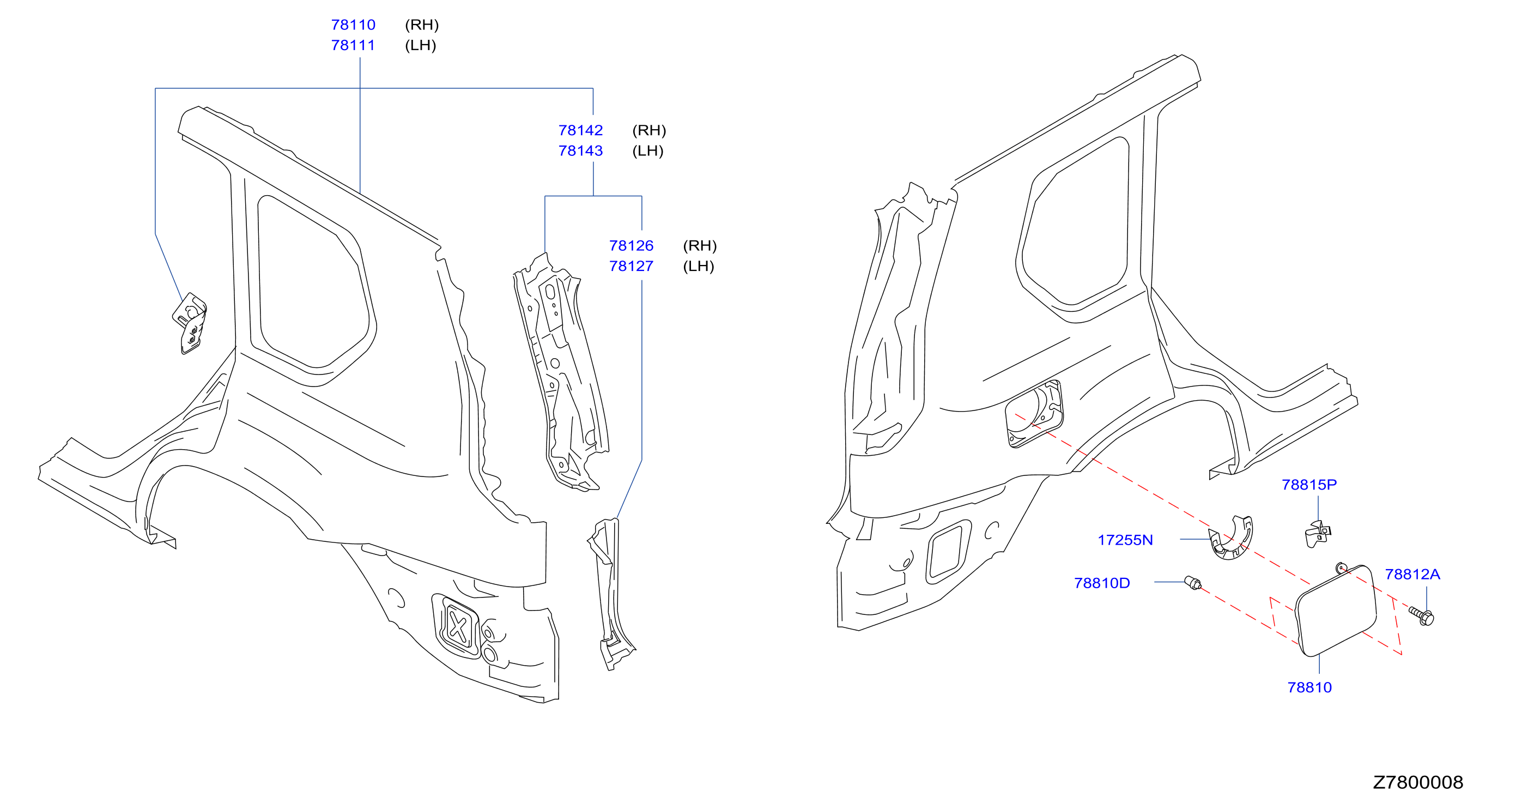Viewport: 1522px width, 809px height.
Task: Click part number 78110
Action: coord(353,25)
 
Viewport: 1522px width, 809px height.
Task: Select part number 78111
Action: coord(353,45)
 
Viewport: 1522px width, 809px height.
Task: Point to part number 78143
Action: coord(580,150)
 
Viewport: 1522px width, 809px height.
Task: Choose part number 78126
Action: coord(631,245)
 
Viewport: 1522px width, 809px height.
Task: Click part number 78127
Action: coord(631,266)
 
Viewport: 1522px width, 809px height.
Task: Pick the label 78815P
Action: coord(1309,485)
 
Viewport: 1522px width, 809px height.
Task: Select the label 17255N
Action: coord(1125,540)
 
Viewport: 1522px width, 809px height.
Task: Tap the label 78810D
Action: coord(1102,583)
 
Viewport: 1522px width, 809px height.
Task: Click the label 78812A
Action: coord(1412,574)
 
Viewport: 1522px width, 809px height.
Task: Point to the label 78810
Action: coord(1309,687)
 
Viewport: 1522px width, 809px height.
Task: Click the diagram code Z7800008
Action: coord(1417,782)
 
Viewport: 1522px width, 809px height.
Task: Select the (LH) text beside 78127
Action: coord(699,266)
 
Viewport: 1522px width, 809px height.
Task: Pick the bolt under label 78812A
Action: coord(1422,616)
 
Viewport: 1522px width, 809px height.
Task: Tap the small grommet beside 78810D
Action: coord(1193,583)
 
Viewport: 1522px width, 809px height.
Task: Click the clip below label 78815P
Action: coord(1317,534)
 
